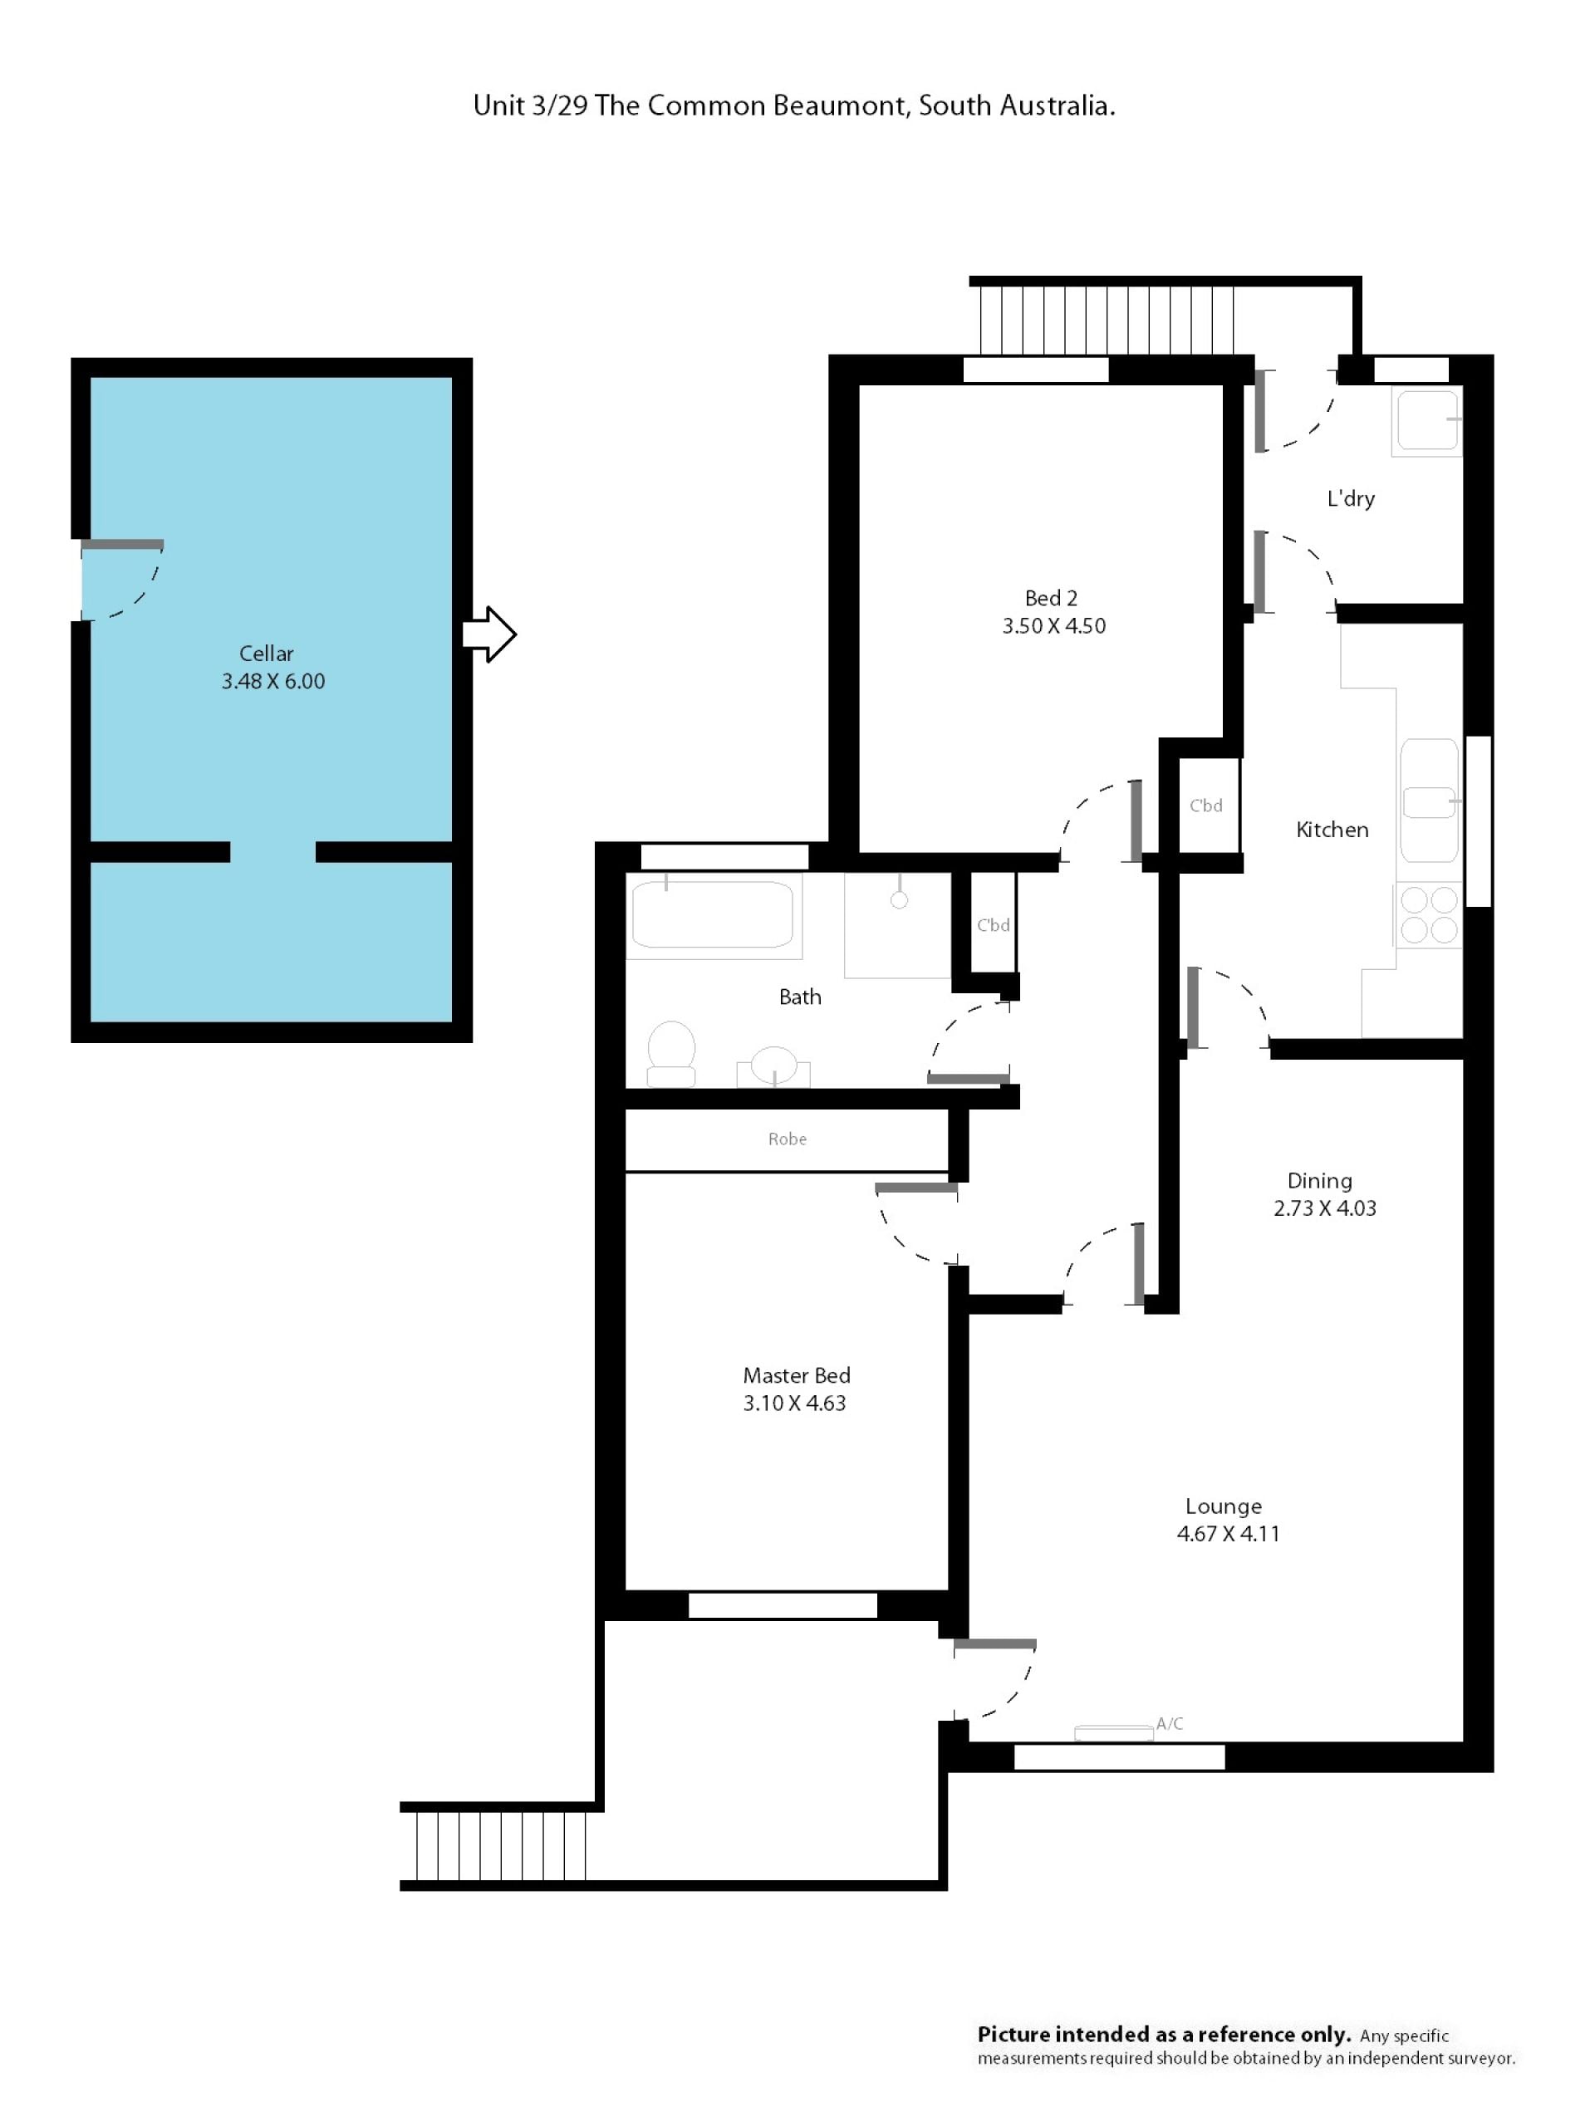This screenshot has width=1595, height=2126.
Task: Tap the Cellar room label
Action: click(x=267, y=654)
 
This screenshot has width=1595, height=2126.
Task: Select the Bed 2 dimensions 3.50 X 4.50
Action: click(x=1053, y=625)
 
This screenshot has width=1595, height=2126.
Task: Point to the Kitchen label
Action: click(x=1332, y=830)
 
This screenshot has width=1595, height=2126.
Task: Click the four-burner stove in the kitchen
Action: click(x=1429, y=915)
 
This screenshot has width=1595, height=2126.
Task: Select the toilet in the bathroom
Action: click(x=671, y=1052)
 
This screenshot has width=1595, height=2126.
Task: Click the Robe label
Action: click(x=787, y=1139)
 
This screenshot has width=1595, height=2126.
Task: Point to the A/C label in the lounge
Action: click(x=1169, y=1723)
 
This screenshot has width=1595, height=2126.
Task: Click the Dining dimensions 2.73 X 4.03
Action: click(x=1324, y=1208)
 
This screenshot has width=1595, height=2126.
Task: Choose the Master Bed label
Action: click(x=796, y=1375)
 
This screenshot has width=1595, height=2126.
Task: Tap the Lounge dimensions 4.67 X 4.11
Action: click(x=1228, y=1533)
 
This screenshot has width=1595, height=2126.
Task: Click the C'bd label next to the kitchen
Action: click(x=1205, y=806)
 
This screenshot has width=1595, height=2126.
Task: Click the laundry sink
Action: click(x=1426, y=420)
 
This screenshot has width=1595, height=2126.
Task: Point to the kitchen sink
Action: click(x=1430, y=800)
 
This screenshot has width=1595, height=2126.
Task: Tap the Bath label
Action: click(x=800, y=997)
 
